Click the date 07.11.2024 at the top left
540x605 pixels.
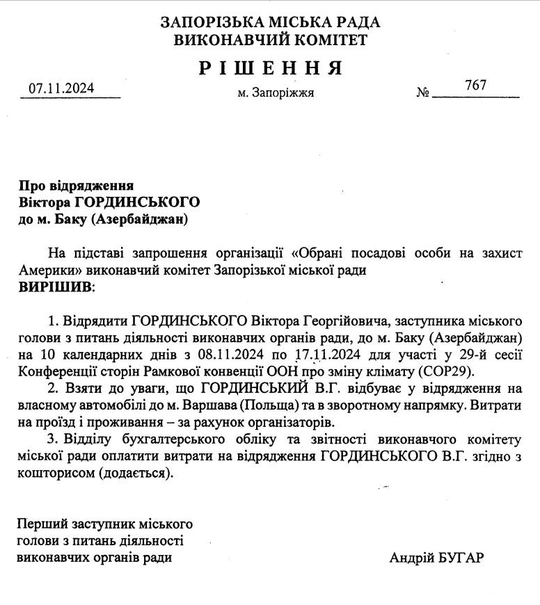pyautogui.click(x=61, y=88)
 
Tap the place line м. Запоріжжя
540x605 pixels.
pyautogui.click(x=276, y=92)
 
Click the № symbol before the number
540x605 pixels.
pyautogui.click(x=423, y=92)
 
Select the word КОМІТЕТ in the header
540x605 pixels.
pyautogui.click(x=330, y=40)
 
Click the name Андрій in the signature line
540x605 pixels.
pyautogui.click(x=411, y=558)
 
